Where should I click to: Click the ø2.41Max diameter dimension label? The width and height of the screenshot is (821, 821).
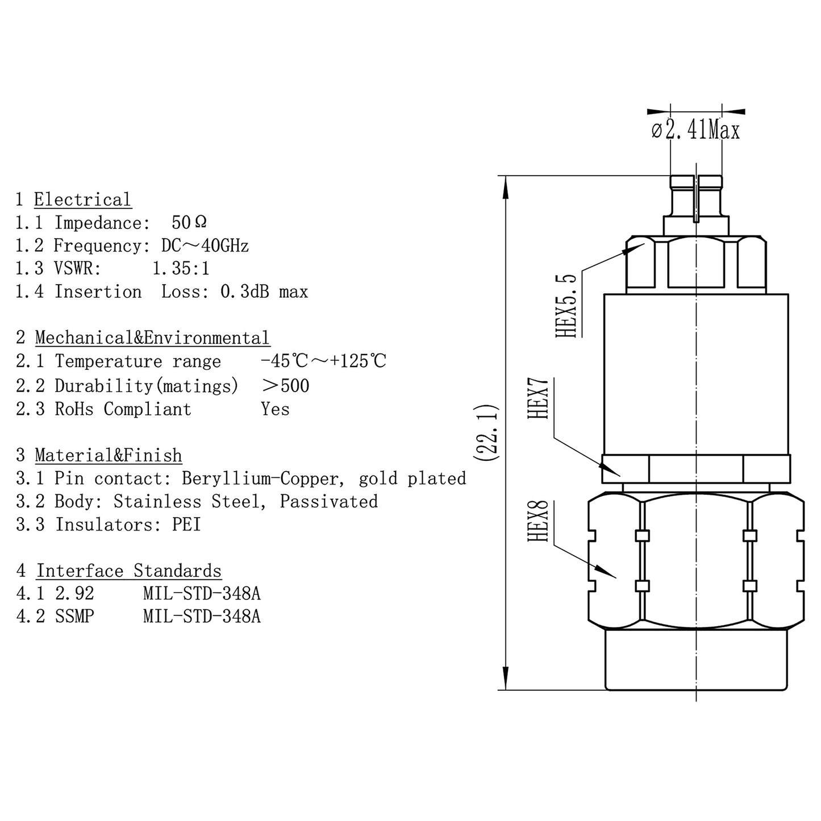pos(695,131)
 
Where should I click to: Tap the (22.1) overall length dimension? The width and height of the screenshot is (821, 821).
pos(487,433)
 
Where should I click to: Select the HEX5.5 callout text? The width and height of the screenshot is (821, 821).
pos(566,306)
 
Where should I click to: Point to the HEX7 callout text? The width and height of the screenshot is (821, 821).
pos(539,399)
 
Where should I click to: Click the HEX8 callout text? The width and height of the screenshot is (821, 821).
pos(539,521)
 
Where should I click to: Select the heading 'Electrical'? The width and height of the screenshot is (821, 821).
pos(82,199)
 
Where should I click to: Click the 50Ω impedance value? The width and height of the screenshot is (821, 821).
pos(189,222)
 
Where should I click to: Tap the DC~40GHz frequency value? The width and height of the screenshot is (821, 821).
pos(205,245)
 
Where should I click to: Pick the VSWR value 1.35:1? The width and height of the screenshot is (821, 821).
pos(181,268)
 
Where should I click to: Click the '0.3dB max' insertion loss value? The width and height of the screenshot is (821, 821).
pos(264,291)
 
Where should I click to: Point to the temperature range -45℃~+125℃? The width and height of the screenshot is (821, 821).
pos(323,361)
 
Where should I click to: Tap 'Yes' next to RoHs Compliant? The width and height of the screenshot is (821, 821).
pos(275,409)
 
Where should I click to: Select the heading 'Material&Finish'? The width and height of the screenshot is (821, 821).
pos(109,455)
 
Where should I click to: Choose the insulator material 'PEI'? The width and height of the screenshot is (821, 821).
pos(186,524)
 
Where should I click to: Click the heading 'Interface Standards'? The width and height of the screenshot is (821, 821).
pos(129,570)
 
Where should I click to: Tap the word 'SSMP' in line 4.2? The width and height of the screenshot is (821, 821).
pos(74,616)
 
